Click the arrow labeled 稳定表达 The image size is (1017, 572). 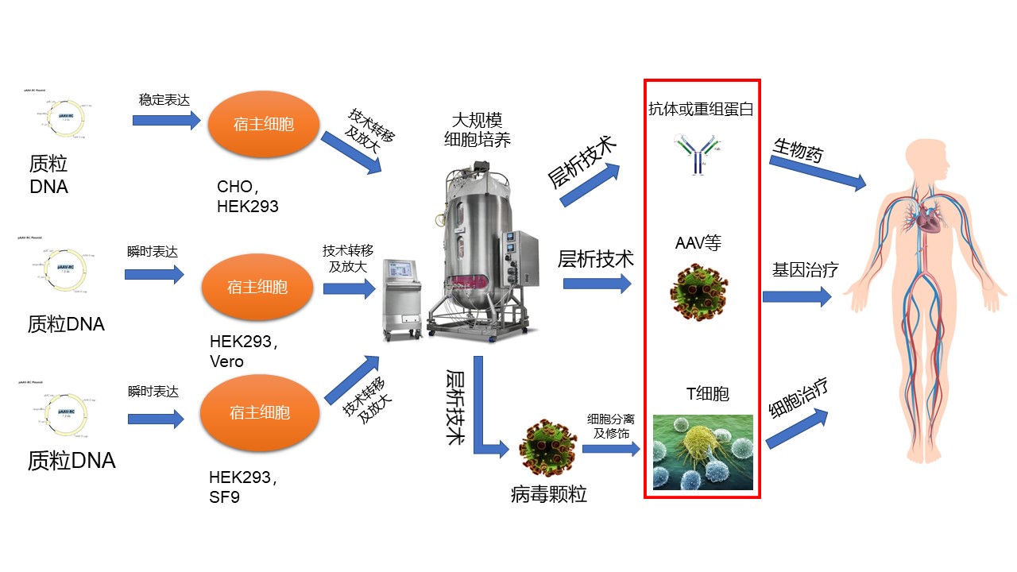coord(167,121)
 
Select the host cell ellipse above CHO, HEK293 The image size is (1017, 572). coord(264,124)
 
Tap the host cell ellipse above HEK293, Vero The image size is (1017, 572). coord(258,287)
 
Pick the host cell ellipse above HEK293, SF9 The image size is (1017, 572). coord(258,413)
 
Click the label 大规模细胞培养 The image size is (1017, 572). coord(477,130)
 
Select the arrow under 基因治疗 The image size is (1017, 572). coord(797,297)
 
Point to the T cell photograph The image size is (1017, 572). coord(702,452)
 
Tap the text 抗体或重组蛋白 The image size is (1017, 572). coord(700,110)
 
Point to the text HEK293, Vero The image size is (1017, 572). coord(242,351)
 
